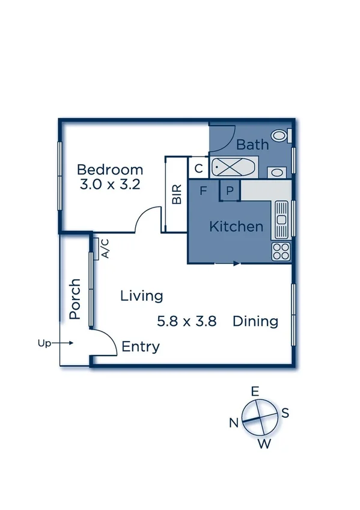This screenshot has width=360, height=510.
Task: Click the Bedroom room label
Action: [x=110, y=170]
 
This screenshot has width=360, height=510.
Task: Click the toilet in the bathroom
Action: [x=281, y=135]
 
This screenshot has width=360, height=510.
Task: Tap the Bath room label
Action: [x=252, y=145]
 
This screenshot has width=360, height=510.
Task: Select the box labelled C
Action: [x=198, y=168]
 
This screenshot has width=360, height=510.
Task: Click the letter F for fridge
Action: [x=204, y=191]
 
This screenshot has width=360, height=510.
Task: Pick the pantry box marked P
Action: [x=230, y=191]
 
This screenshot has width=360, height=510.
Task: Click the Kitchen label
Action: [x=236, y=227]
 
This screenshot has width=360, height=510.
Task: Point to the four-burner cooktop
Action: [x=281, y=251]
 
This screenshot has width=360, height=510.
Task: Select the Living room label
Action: [x=141, y=296]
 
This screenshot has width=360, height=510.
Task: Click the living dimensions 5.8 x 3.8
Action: [x=186, y=321]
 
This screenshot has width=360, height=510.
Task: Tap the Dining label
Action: [x=255, y=321]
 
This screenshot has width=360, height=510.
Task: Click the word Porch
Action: [x=75, y=298]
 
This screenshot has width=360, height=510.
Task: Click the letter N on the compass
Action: [x=234, y=422]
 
